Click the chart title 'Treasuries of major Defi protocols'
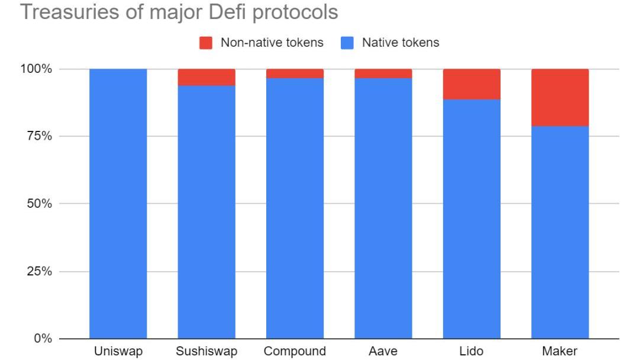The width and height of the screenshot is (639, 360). click(x=179, y=12)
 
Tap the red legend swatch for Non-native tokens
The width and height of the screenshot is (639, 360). click(x=206, y=43)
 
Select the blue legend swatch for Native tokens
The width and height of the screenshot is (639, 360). click(x=347, y=43)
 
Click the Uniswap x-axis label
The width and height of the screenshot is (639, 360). click(x=118, y=351)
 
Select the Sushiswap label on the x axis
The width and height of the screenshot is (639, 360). click(x=206, y=351)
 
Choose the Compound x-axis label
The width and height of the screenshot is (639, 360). click(x=295, y=351)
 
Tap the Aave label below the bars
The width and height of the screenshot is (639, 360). click(x=383, y=351)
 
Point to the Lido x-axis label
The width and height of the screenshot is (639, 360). click(x=472, y=351)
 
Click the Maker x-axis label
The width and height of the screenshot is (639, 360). click(x=560, y=351)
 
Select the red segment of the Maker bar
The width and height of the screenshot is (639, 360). click(x=560, y=97)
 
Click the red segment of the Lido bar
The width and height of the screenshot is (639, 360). click(x=472, y=84)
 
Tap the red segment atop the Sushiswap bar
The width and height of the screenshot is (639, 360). click(x=206, y=77)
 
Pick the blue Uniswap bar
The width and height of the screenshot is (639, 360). click(x=118, y=204)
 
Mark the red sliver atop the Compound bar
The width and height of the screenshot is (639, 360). click(x=295, y=73)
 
